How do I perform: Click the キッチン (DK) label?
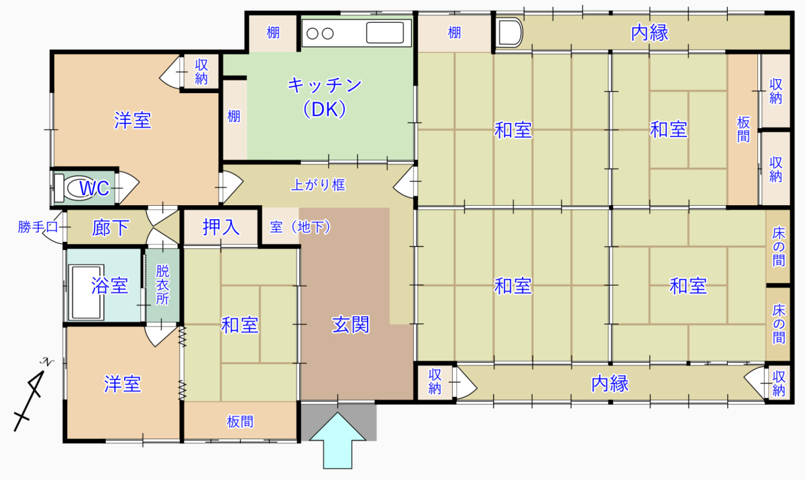click(325, 97)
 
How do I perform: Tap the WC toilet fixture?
click(74, 188)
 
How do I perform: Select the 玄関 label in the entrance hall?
click(350, 324)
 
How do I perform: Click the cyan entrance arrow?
click(337, 440)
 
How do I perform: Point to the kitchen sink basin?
click(385, 33)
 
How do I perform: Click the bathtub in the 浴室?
click(87, 292)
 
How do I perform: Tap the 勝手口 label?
click(38, 227)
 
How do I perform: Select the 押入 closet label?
click(221, 227)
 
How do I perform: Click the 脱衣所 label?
click(162, 285)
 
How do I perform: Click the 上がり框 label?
click(318, 185)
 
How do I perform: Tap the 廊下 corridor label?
click(110, 228)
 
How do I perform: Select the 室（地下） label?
click(300, 227)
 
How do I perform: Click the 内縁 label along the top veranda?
click(650, 33)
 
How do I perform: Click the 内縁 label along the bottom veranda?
click(610, 383)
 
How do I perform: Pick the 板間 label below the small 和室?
click(240, 422)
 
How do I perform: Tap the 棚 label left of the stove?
click(273, 33)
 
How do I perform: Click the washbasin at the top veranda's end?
click(509, 33)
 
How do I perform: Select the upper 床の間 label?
click(778, 247)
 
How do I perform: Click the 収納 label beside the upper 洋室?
click(201, 72)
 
